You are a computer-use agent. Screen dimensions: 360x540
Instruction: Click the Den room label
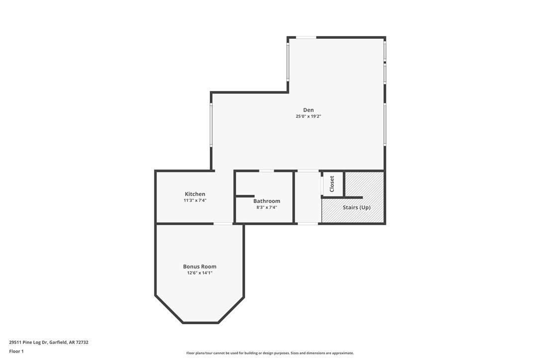(308, 110)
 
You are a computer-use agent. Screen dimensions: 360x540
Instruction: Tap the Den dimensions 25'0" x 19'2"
(308, 116)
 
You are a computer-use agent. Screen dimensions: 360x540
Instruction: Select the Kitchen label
(195, 194)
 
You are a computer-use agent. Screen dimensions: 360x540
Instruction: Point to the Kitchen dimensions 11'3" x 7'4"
(195, 200)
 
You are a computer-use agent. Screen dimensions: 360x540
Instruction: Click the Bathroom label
(267, 201)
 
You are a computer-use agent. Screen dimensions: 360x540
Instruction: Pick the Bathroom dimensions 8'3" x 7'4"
(267, 207)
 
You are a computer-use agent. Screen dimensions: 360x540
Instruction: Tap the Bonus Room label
(199, 267)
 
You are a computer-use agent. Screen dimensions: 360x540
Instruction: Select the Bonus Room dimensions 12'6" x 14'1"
(199, 273)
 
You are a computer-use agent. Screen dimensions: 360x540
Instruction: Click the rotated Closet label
(332, 184)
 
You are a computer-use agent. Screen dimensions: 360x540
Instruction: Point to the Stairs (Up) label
(357, 207)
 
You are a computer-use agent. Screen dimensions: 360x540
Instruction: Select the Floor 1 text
(16, 351)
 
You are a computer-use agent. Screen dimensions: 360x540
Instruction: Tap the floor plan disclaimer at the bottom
(270, 353)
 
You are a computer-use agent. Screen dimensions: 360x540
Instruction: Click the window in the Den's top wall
(306, 37)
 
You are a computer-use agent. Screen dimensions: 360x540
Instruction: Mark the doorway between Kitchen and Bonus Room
(223, 224)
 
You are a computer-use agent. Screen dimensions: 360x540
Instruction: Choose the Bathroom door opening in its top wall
(267, 171)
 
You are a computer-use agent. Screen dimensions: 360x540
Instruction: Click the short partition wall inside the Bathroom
(245, 196)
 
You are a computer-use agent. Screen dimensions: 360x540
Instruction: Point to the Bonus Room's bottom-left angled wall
(169, 310)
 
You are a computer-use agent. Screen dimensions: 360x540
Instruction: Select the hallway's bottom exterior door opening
(308, 224)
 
